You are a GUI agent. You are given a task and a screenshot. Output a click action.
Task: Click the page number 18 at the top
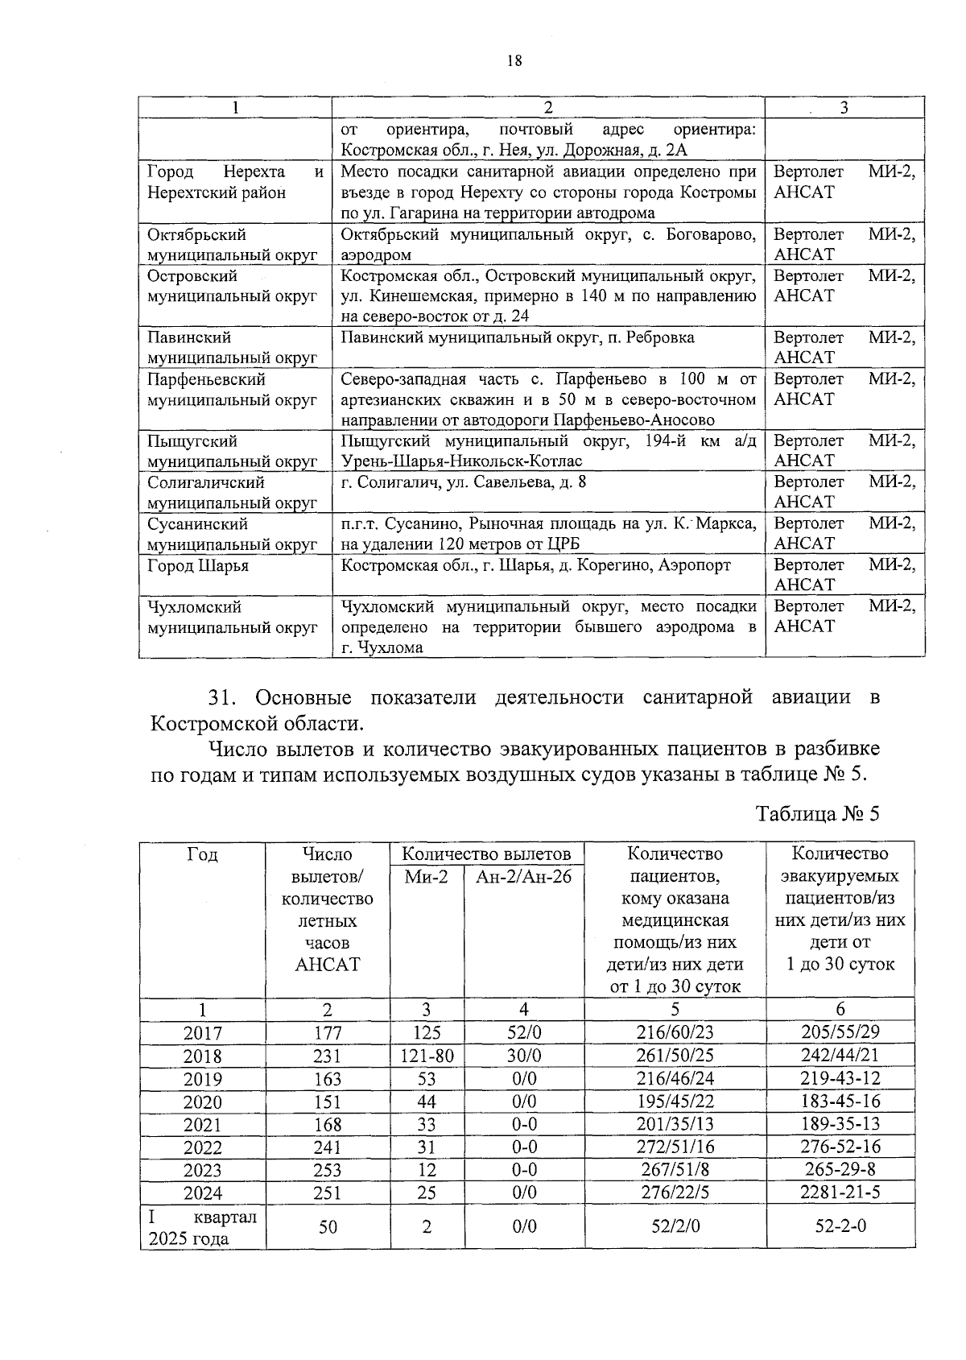point(515,61)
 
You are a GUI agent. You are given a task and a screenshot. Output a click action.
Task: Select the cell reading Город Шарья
point(198,566)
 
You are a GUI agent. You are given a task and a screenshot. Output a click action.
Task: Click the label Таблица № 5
point(817,813)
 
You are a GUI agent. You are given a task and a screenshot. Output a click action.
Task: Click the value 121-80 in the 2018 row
point(427,1056)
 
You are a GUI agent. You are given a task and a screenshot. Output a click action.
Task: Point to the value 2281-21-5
point(840,1193)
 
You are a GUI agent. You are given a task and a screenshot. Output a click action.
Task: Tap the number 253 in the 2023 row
point(327,1170)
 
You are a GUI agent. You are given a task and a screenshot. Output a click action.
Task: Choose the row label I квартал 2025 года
point(202,1227)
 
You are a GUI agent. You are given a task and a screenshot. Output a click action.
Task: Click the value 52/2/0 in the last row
point(675,1226)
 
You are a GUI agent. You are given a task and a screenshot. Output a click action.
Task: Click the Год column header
point(202,854)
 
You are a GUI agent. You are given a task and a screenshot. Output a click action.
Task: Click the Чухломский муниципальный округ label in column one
point(232,618)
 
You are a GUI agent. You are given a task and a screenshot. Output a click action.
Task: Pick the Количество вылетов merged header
point(486,854)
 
